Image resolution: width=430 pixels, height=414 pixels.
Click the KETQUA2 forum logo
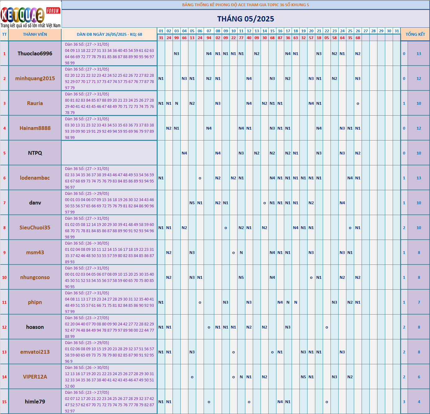pyautogui.click(x=30, y=14)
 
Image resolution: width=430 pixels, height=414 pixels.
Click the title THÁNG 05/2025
pyautogui.click(x=246, y=19)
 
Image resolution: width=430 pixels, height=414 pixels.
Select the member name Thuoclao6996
pyautogui.click(x=35, y=53)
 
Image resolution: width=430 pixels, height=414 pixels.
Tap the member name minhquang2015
pyautogui.click(x=35, y=78)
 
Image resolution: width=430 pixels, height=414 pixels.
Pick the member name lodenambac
pyautogui.click(x=35, y=178)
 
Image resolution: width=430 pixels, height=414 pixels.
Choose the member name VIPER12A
pyautogui.click(x=35, y=377)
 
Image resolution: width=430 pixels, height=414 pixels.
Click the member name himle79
pyautogui.click(x=35, y=402)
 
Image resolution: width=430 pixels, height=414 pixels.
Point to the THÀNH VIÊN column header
pyautogui.click(x=35, y=34)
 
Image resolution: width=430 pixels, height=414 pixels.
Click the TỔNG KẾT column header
pyautogui.click(x=415, y=34)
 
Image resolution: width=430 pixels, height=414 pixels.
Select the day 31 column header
pyautogui.click(x=397, y=31)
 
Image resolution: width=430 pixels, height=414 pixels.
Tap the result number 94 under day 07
pyautogui.click(x=209, y=38)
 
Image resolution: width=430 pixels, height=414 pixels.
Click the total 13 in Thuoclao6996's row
pyautogui.click(x=419, y=53)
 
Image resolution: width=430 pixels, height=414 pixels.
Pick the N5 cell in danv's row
pyautogui.click(x=192, y=203)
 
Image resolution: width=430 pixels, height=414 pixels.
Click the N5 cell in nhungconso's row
pyautogui.click(x=241, y=277)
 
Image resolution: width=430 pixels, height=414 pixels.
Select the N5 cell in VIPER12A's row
pyautogui.click(x=303, y=377)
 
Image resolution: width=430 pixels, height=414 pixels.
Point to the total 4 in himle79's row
pyautogui.click(x=419, y=402)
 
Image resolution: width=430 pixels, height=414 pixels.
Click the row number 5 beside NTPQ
pyautogui.click(x=4, y=153)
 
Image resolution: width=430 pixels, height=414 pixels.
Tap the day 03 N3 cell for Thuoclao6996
pyautogui.click(x=177, y=53)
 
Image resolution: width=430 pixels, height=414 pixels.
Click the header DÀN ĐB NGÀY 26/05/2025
pyautogui.click(x=109, y=34)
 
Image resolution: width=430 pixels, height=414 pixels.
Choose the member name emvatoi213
pyautogui.click(x=35, y=352)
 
